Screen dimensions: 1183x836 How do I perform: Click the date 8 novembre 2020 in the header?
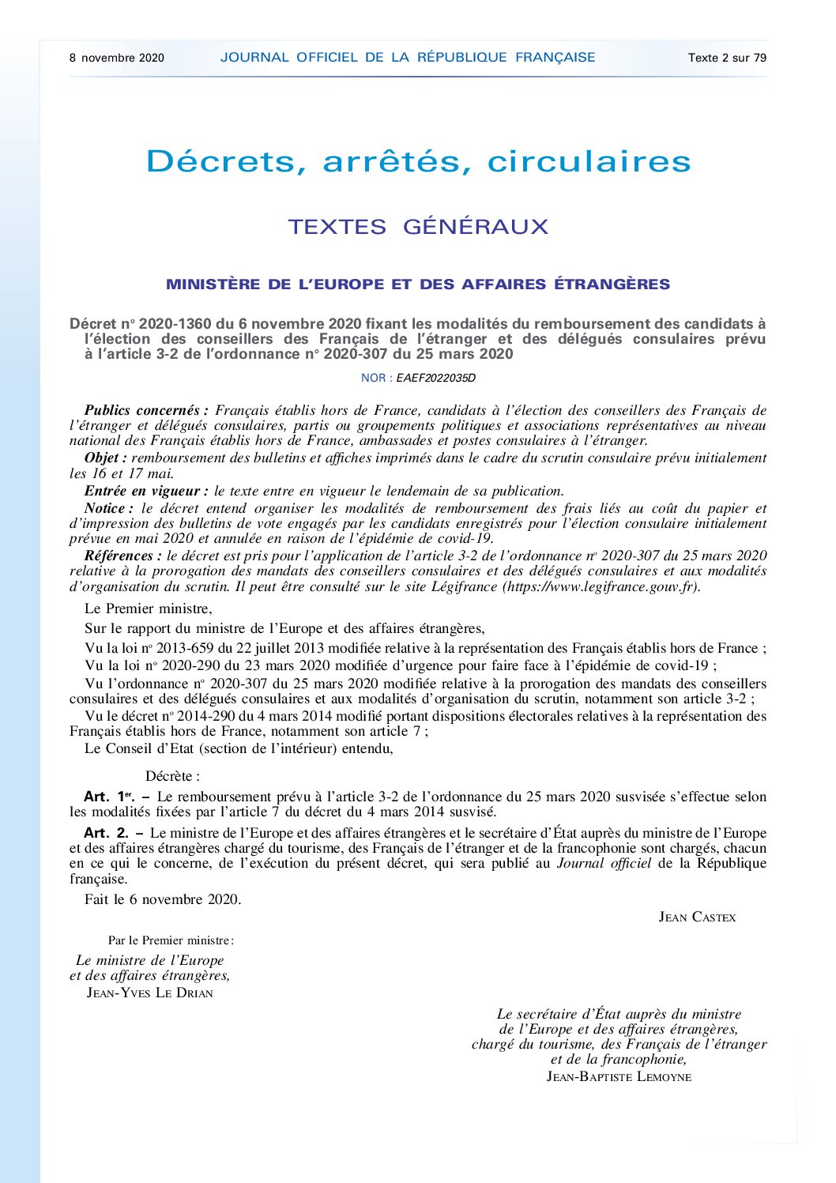(x=117, y=58)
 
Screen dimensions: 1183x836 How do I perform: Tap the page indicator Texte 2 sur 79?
(x=727, y=58)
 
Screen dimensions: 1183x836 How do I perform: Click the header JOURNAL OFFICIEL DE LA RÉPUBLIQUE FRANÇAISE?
(x=408, y=57)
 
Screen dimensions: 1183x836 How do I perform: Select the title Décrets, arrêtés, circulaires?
(x=418, y=161)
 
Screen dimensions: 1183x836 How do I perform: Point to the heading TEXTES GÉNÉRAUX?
(x=418, y=227)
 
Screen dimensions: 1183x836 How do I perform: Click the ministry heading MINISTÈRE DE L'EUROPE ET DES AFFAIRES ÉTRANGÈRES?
(x=418, y=284)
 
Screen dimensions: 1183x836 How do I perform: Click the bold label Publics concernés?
(x=146, y=410)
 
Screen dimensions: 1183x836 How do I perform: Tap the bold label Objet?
(x=105, y=458)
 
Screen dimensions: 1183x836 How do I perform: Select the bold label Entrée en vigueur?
(x=146, y=491)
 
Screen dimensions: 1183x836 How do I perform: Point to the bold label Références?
(x=122, y=556)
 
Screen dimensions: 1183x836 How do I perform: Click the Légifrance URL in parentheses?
(x=601, y=586)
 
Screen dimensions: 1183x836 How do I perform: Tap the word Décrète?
(x=172, y=777)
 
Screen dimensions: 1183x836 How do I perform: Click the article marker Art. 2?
(x=106, y=833)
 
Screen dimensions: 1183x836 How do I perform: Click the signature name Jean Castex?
(x=697, y=917)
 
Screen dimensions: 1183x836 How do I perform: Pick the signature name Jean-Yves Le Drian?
(x=149, y=993)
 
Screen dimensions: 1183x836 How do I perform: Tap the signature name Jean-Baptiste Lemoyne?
(x=619, y=1076)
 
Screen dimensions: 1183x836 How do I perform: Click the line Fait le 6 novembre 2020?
(x=163, y=899)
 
